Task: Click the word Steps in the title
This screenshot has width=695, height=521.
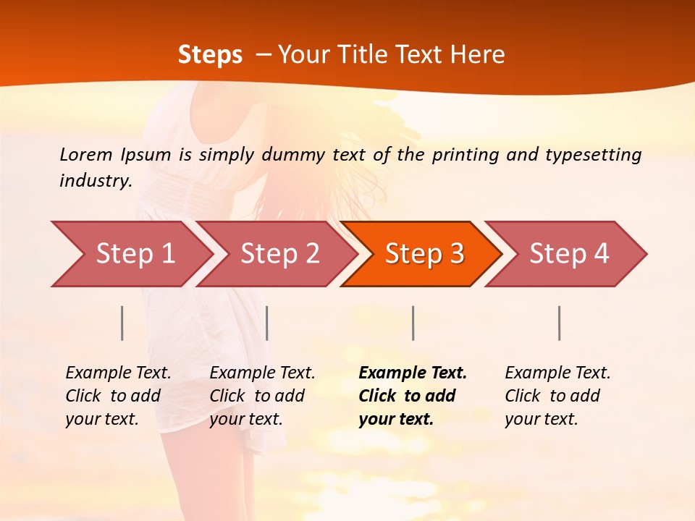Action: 210,55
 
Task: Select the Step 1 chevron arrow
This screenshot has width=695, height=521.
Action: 135,254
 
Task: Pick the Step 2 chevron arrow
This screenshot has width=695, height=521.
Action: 279,254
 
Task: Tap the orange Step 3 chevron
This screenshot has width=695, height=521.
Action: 424,254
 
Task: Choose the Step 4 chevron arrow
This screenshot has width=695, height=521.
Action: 569,254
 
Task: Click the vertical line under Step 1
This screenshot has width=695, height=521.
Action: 122,323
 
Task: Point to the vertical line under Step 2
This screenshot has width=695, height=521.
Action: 267,323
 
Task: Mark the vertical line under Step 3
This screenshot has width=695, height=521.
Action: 413,323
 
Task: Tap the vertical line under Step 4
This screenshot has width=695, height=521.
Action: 559,323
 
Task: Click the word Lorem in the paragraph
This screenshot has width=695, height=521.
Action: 86,155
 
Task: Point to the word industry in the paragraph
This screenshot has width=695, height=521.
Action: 96,181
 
